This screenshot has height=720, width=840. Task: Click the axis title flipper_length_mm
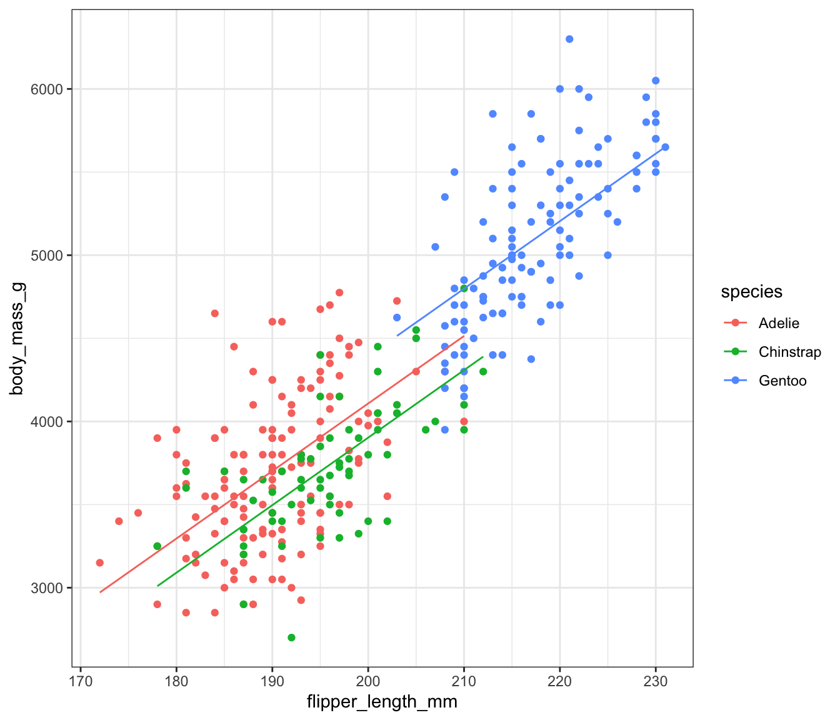382,702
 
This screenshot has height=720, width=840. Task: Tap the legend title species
751,292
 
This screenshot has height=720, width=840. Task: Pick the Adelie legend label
779,323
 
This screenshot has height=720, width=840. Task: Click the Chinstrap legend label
789,352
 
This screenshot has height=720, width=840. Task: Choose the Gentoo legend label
782,381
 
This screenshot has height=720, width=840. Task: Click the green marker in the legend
735,352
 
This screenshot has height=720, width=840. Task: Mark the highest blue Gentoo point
569,39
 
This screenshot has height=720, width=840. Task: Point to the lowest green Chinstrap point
291,637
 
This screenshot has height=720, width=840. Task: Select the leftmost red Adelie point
100,562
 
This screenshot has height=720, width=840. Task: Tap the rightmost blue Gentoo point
665,147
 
